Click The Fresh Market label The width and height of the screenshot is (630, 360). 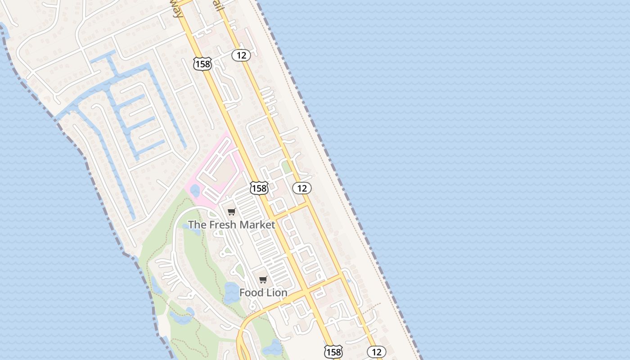click(x=231, y=225)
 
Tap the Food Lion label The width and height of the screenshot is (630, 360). click(x=263, y=292)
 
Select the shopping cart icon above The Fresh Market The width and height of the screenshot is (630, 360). click(x=231, y=212)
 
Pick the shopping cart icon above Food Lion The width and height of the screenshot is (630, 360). click(x=263, y=280)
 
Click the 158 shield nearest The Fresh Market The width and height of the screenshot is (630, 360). click(x=259, y=188)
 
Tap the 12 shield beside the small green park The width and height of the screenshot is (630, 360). click(x=301, y=188)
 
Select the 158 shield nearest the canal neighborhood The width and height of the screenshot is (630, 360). click(x=202, y=64)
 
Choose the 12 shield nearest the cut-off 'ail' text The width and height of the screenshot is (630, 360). click(x=241, y=55)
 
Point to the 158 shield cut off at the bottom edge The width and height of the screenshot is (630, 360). click(x=333, y=352)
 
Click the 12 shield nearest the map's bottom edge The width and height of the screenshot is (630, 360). click(x=376, y=352)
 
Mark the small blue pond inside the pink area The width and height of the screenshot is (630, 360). click(x=195, y=191)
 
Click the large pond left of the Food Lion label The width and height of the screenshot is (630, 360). click(x=232, y=292)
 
